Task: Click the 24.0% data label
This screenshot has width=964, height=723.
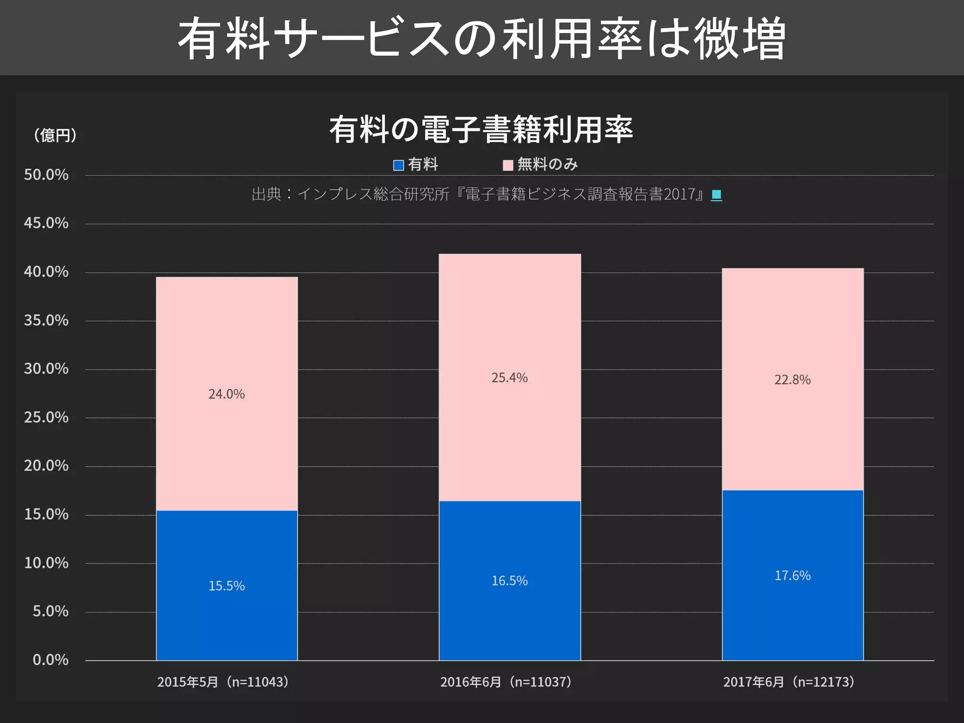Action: tap(226, 394)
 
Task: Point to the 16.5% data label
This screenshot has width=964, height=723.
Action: tap(509, 581)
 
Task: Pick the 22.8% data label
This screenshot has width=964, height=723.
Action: tap(792, 379)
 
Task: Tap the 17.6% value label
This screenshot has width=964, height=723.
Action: tap(792, 576)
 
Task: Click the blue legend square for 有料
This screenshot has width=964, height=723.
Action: tap(398, 165)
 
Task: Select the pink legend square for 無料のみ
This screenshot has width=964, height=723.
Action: tap(508, 165)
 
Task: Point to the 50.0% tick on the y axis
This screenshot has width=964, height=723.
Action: tap(46, 175)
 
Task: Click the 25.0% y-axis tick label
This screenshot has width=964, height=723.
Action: tap(46, 418)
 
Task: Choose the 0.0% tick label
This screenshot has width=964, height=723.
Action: tap(50, 660)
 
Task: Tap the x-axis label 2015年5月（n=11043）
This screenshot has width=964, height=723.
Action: tap(223, 682)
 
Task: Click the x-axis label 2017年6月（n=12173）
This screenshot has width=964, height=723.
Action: tap(788, 682)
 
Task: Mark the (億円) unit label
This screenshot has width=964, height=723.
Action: tap(55, 136)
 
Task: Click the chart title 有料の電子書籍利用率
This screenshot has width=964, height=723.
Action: tap(481, 129)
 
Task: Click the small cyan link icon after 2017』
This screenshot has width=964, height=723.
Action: tap(716, 194)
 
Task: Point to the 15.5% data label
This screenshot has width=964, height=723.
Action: tap(226, 586)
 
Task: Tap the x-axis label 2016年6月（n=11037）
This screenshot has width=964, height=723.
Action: tap(506, 682)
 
